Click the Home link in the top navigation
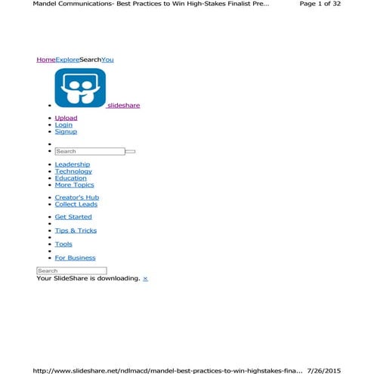pyautogui.click(x=45, y=60)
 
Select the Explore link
pyautogui.click(x=66, y=60)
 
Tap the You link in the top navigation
pyautogui.click(x=107, y=60)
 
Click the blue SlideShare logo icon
pyautogui.click(x=80, y=89)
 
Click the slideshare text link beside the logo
pyautogui.click(x=124, y=106)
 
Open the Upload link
pyautogui.click(x=66, y=118)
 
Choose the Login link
pyautogui.click(x=64, y=125)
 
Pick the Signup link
pyautogui.click(x=66, y=131)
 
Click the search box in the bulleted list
pyautogui.click(x=89, y=151)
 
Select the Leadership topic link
pyautogui.click(x=73, y=164)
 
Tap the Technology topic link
pyautogui.click(x=73, y=172)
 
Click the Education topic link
pyautogui.click(x=71, y=178)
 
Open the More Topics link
pyautogui.click(x=75, y=185)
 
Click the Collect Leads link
pyautogui.click(x=76, y=204)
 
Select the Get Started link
pyautogui.click(x=73, y=217)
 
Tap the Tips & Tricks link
pyautogui.click(x=76, y=230)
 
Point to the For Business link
pyautogui.click(x=76, y=258)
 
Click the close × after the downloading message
pyautogui.click(x=146, y=279)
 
